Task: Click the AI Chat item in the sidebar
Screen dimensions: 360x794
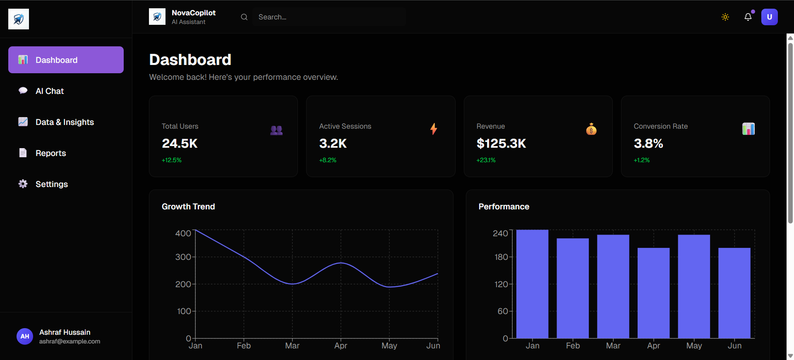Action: click(50, 91)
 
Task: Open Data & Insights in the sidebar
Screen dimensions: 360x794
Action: click(65, 122)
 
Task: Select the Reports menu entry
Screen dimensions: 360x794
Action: click(50, 153)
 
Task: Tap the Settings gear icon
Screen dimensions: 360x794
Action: click(23, 184)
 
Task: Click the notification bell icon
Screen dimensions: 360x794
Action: click(748, 17)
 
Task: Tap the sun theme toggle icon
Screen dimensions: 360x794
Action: click(725, 17)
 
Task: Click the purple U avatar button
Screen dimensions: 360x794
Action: click(769, 17)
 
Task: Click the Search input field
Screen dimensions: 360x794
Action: click(329, 17)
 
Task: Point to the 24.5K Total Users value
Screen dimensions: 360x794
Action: click(180, 144)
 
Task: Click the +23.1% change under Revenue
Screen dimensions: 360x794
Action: click(486, 160)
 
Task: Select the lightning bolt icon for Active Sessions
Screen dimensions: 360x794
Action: click(434, 129)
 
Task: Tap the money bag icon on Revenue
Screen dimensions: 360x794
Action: click(591, 129)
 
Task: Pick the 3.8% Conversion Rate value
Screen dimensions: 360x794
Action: click(648, 144)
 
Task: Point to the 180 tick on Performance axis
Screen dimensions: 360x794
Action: click(501, 257)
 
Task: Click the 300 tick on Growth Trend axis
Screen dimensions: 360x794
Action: click(183, 257)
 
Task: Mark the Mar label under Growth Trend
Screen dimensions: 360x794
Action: click(292, 346)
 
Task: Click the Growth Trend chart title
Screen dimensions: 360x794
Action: click(188, 206)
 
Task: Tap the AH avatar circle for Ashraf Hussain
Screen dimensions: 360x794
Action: click(25, 336)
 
